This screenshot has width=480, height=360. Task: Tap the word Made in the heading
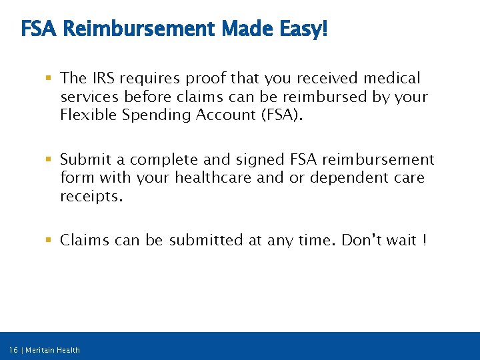tap(245, 29)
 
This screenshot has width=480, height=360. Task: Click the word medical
tap(389, 79)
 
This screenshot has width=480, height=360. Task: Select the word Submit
tap(84, 160)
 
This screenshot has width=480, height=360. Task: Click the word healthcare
tap(203, 178)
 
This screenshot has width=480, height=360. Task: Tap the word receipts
tap(91, 196)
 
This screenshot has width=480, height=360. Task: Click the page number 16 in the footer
tap(14, 350)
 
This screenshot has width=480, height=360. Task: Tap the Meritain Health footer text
tap(53, 350)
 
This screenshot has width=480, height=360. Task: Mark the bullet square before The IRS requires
tap(50, 79)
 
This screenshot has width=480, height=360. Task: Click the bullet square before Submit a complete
tap(50, 160)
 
